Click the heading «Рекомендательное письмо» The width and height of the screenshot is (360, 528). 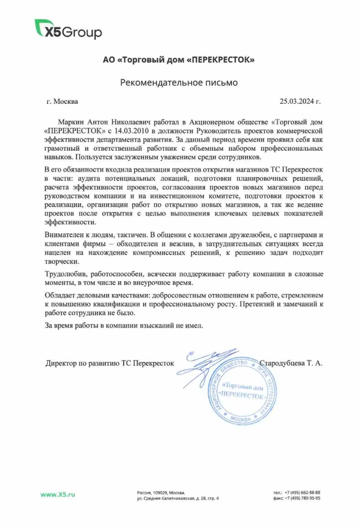click(x=179, y=83)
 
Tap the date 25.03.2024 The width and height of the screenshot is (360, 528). click(x=297, y=101)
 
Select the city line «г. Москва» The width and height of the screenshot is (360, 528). click(x=62, y=101)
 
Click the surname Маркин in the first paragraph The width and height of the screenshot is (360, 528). click(x=71, y=122)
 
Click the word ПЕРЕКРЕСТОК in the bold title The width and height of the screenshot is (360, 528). click(x=223, y=60)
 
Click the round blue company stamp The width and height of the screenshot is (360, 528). click(x=242, y=393)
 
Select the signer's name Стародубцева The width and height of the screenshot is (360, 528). click(x=282, y=363)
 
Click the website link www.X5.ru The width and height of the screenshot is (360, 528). click(x=58, y=494)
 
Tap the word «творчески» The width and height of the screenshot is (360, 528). click(x=62, y=262)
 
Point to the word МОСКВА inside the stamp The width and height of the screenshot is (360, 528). click(x=241, y=419)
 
